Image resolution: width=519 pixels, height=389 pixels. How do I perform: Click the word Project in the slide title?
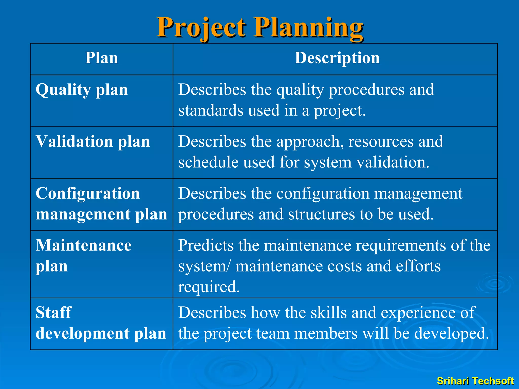(201, 27)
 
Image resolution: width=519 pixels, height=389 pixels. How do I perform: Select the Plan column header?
(101, 58)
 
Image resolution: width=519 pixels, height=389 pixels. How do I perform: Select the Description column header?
(337, 58)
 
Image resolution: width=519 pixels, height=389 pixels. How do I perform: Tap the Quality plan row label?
(82, 90)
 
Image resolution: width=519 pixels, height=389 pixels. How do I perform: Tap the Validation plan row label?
(93, 142)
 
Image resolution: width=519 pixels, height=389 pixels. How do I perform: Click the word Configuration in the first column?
(88, 193)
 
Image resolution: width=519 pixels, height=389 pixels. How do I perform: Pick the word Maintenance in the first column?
(84, 245)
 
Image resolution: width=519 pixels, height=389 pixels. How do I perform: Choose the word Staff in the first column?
(54, 312)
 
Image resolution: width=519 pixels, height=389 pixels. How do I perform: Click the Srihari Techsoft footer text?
(475, 381)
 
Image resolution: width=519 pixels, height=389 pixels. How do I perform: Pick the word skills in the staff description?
(328, 313)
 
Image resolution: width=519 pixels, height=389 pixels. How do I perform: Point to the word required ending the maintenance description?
(209, 287)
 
